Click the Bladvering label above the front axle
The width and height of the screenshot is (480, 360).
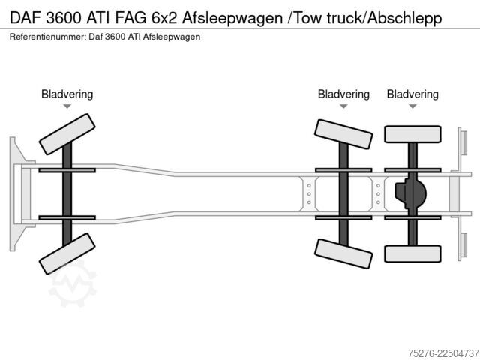coord(67,94)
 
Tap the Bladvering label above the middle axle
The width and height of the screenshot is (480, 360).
coord(343,94)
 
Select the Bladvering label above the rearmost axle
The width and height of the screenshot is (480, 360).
coord(412,94)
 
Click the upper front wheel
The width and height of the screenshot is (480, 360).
coord(67,134)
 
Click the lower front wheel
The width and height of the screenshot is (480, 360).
coord(67,253)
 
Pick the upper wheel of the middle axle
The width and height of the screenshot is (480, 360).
coord(343,134)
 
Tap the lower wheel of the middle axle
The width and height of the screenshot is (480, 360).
coord(343,253)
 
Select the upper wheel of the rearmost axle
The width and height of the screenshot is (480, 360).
coord(412,134)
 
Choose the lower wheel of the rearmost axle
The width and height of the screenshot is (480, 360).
coord(412,253)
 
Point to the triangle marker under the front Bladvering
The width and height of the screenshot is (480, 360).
coord(67,106)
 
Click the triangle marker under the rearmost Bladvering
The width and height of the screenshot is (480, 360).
coord(412,106)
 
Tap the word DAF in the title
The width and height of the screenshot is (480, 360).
coord(25,18)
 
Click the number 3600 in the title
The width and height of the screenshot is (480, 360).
coord(64,18)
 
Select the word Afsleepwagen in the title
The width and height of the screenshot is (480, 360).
coord(232,18)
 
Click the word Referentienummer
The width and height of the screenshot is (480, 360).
coord(48,37)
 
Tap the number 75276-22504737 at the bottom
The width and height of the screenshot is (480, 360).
coord(443,353)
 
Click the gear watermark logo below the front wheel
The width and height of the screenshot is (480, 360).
coord(73,283)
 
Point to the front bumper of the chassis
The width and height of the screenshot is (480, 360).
coord(19,194)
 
